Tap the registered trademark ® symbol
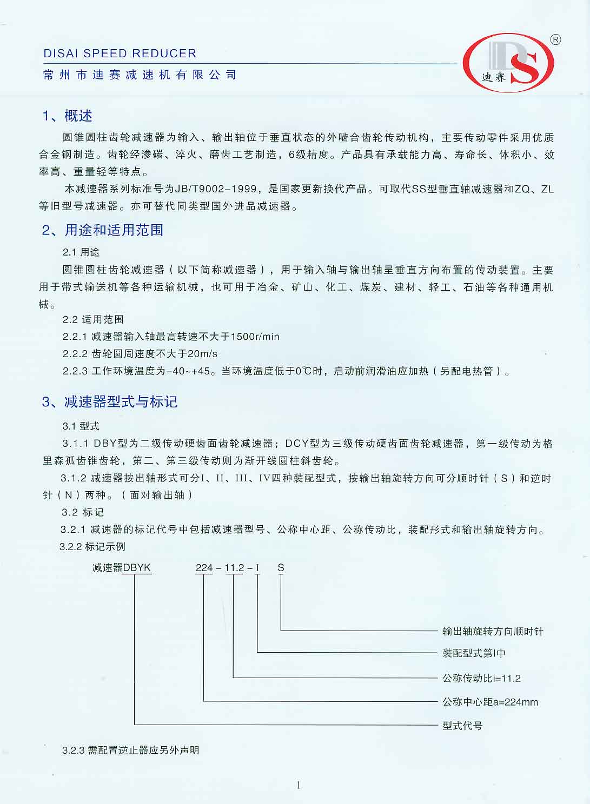tap(555, 39)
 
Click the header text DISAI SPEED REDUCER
tap(120, 53)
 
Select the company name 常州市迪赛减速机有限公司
tap(140, 75)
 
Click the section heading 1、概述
tap(68, 116)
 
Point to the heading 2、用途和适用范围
tap(103, 230)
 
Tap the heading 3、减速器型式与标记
tap(110, 401)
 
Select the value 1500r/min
tap(255, 337)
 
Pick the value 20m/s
tap(202, 354)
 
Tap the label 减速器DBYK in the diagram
tap(122, 568)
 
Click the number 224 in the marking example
tap(204, 568)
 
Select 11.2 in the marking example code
tap(234, 568)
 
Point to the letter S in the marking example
tap(281, 568)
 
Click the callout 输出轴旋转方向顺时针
tap(493, 631)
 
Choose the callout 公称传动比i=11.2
tap(481, 678)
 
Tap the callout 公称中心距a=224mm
tap(490, 702)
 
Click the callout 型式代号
tap(462, 726)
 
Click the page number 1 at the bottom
tap(298, 786)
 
